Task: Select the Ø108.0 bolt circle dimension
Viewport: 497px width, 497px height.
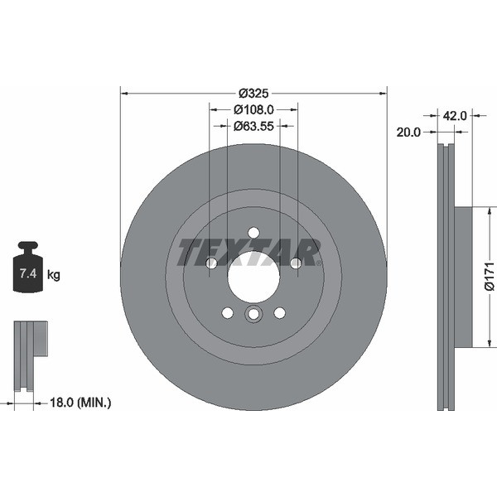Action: [x=253, y=109]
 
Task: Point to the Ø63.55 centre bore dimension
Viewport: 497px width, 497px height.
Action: [x=253, y=126]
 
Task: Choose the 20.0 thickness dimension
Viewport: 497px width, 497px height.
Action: [x=409, y=132]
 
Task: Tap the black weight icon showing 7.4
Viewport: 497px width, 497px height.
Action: [x=28, y=268]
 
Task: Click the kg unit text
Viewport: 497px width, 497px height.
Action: [x=53, y=274]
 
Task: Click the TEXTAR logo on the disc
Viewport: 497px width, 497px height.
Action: [x=249, y=251]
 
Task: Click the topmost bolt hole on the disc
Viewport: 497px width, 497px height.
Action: [x=253, y=232]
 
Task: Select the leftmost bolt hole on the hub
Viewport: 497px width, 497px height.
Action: [x=211, y=263]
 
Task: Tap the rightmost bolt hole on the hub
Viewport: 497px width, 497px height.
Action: [x=296, y=263]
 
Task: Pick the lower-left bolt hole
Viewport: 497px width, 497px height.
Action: [x=227, y=312]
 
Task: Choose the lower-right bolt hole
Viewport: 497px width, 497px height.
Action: [x=279, y=312]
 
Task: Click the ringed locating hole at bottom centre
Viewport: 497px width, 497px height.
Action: [x=253, y=314]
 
